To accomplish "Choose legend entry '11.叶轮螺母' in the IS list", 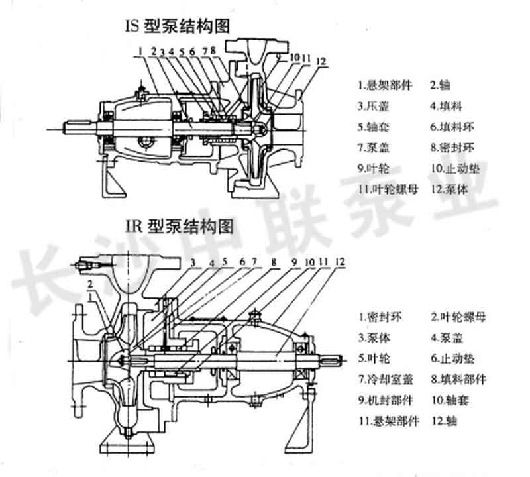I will pyautogui.click(x=388, y=189).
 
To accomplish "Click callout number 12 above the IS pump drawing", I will pyautogui.click(x=321, y=62).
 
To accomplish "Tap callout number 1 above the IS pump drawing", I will pyautogui.click(x=141, y=50).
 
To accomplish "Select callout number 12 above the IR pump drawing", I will pyautogui.click(x=340, y=260).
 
